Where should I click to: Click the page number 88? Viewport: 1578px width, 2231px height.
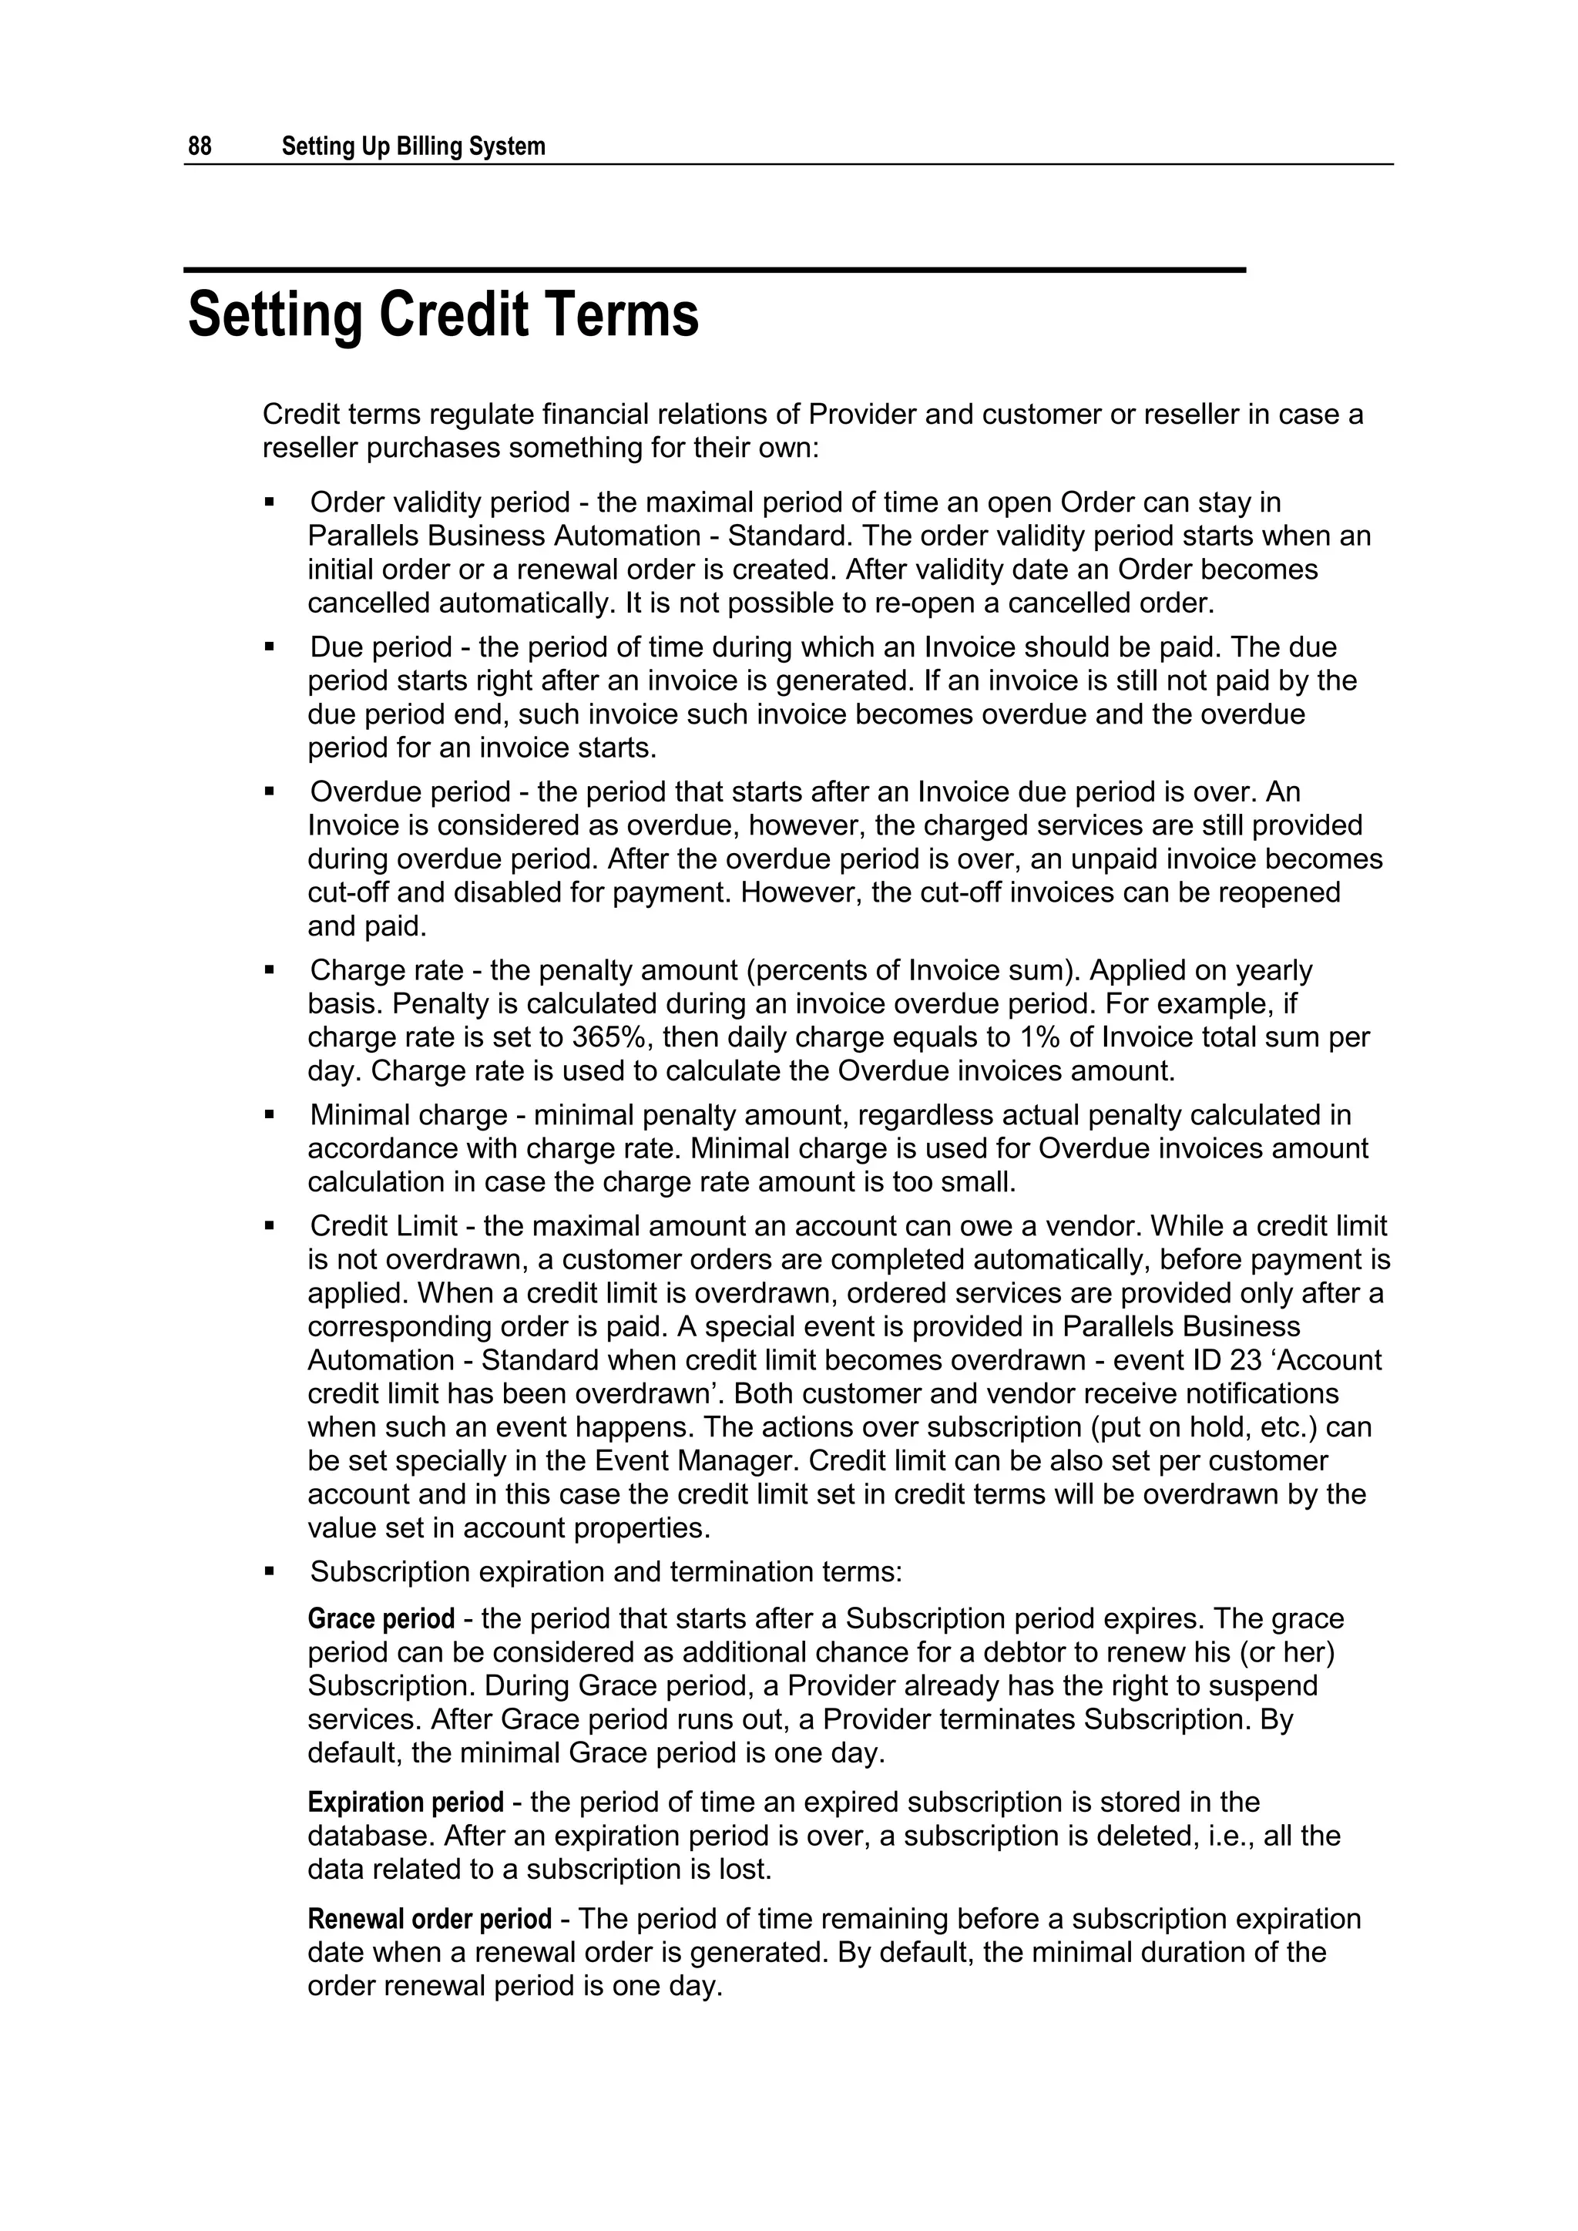click(x=200, y=146)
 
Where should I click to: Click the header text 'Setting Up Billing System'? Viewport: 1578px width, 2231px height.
click(x=413, y=146)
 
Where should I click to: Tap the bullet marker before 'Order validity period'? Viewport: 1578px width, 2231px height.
click(x=270, y=502)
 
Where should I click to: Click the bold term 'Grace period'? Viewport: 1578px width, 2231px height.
click(x=381, y=1619)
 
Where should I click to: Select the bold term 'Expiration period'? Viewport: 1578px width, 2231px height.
click(x=405, y=1803)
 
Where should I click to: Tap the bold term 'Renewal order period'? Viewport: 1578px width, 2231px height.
click(x=429, y=1919)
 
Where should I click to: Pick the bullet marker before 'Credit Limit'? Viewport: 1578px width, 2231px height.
click(x=270, y=1226)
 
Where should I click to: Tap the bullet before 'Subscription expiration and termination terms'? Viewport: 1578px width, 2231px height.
click(x=270, y=1571)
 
